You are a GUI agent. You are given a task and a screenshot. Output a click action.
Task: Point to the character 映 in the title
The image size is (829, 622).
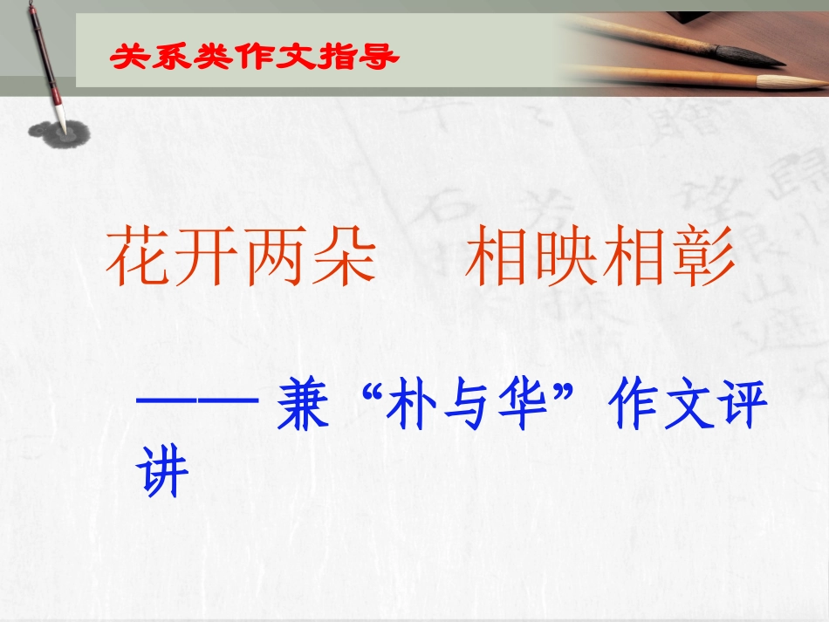[565, 259]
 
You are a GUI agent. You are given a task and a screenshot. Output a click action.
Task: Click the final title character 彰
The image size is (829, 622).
[702, 259]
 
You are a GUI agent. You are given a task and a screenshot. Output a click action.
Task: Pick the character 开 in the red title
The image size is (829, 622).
[208, 259]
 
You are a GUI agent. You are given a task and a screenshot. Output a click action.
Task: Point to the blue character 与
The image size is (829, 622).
[469, 408]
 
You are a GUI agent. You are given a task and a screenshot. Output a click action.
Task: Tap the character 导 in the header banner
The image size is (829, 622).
[380, 58]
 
